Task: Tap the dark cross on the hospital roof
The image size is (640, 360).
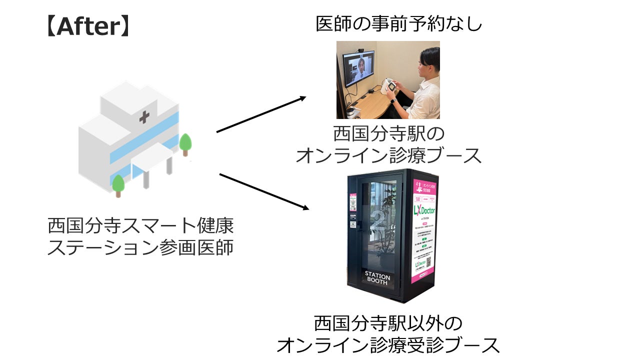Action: click(144, 117)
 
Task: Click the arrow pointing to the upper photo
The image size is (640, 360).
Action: click(261, 114)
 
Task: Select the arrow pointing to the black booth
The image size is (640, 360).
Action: click(263, 191)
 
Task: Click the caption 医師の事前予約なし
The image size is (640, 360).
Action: click(398, 23)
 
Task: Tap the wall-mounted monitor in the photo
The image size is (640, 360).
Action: click(357, 69)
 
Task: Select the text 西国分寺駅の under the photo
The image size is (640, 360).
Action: click(388, 134)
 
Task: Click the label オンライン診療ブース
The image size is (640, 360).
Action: click(388, 155)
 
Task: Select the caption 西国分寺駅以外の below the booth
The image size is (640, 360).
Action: click(388, 323)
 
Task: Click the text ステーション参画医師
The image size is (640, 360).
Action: click(140, 247)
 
